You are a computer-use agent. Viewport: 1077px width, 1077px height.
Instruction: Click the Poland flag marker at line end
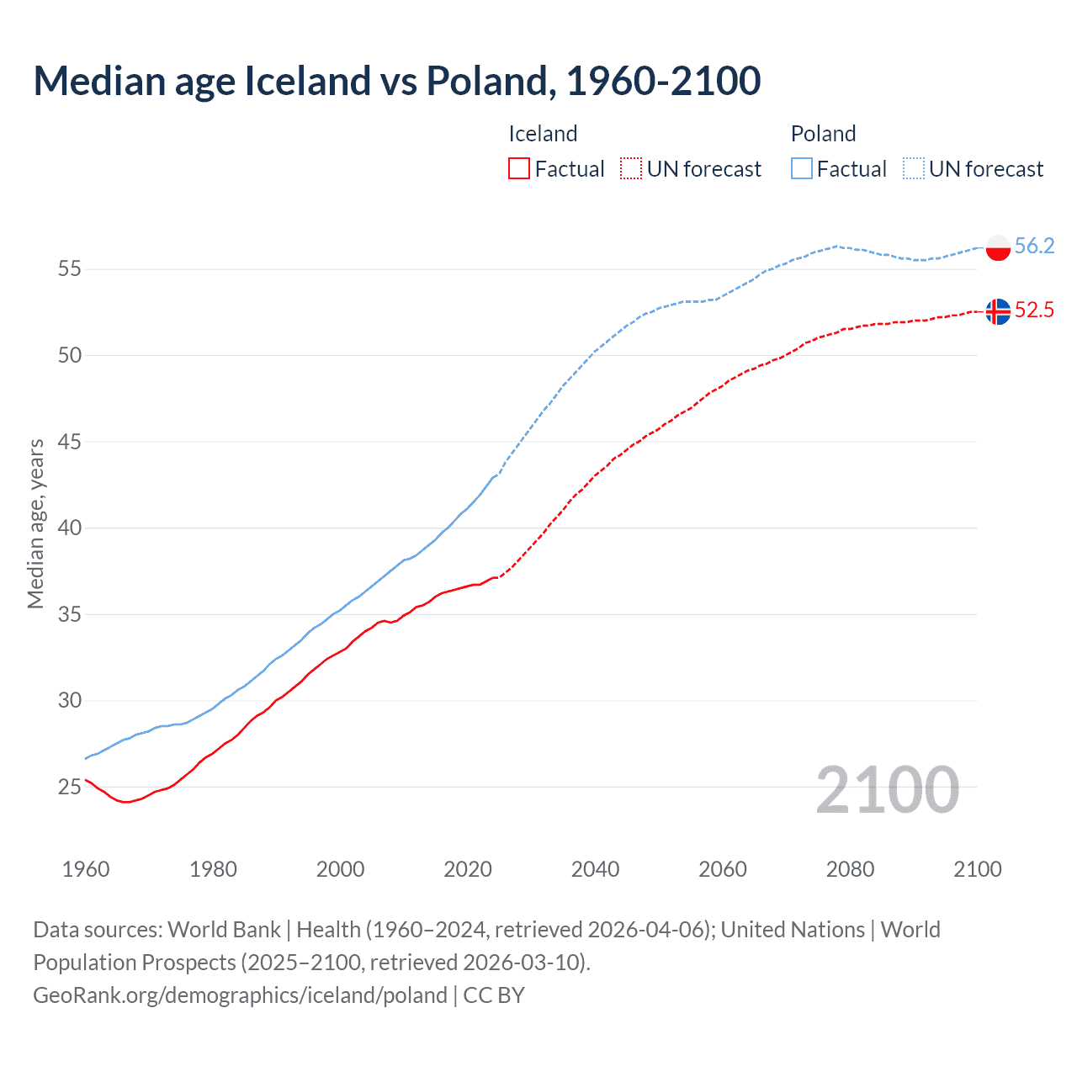point(997,247)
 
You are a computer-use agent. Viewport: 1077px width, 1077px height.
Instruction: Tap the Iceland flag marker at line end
point(997,311)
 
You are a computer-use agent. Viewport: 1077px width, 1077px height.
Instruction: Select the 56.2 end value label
point(1034,246)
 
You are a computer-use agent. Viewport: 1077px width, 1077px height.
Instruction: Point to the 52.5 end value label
point(1034,310)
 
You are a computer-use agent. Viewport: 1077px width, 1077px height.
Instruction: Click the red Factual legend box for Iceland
point(519,169)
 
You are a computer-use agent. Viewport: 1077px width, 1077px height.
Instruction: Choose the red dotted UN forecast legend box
point(631,169)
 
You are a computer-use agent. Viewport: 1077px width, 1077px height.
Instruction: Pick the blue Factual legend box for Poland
point(802,169)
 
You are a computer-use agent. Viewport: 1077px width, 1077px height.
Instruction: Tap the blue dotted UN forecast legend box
point(913,169)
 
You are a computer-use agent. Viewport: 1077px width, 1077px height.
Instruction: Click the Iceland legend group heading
point(543,134)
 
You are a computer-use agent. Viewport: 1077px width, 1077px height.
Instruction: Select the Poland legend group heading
point(823,134)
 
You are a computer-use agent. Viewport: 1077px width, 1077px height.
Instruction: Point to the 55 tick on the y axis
point(69,269)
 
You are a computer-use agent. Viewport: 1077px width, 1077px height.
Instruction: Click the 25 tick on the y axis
point(69,788)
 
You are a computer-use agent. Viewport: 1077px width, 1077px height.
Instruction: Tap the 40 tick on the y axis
point(69,528)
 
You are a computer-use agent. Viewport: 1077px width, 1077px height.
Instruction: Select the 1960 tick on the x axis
point(86,869)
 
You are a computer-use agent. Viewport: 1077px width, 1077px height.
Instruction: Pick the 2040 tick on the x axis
point(595,869)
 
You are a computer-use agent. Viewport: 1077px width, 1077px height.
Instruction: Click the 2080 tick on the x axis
point(850,869)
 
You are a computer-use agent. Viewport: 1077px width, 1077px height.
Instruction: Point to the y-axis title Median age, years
point(35,523)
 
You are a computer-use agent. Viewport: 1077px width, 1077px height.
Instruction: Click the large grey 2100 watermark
point(887,790)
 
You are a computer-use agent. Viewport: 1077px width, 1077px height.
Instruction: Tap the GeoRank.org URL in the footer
point(240,995)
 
